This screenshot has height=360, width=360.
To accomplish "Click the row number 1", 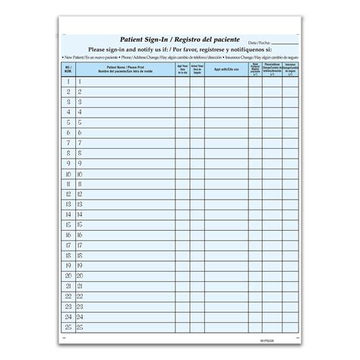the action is (x=68, y=81).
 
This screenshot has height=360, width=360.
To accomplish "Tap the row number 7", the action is (x=68, y=142).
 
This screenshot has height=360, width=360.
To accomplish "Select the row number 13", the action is (x=68, y=204).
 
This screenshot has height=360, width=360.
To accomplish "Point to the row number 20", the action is (x=68, y=276).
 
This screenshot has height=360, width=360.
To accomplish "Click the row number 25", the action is (x=68, y=327).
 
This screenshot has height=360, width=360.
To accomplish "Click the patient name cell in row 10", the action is (x=125, y=173).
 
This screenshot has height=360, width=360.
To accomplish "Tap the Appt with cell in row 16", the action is (x=226, y=235).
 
